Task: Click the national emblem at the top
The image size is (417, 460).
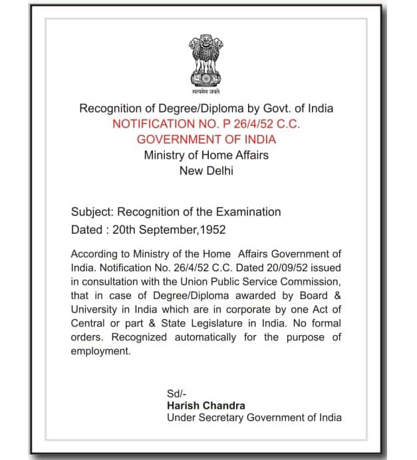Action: pos(206,60)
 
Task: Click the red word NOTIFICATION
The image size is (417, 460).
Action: pos(147,124)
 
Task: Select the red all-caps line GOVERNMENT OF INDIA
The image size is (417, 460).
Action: pos(206,140)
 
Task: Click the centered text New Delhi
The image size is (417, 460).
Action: pos(206,170)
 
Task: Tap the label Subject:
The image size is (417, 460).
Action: pos(92,212)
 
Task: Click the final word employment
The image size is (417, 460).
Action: pos(101,351)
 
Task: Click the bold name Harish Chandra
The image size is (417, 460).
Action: pos(206,405)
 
